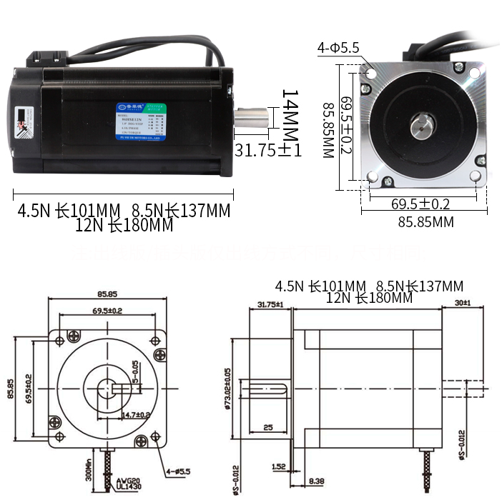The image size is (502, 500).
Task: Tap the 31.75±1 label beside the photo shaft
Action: pos(268,150)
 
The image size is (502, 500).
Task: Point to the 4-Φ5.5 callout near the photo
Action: pos(338,49)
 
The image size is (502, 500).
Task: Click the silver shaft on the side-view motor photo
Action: pos(252,118)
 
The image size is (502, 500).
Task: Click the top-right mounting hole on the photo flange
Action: pos(474,72)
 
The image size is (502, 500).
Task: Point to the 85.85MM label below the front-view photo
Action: pos(425,222)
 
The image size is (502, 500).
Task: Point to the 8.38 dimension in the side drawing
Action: pos(315,480)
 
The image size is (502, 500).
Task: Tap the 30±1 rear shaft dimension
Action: pos(462,304)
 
